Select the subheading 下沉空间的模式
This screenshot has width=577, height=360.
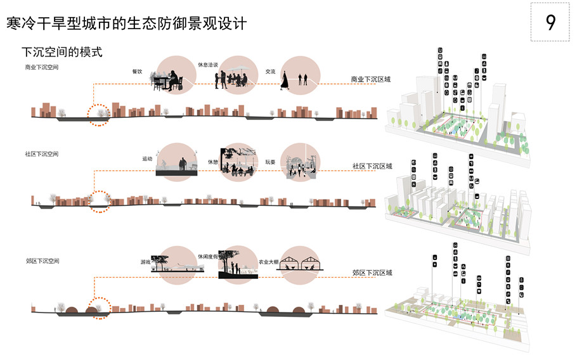coord(62,51)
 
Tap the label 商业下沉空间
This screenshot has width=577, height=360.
coord(42,67)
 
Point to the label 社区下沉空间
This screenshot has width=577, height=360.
coord(42,154)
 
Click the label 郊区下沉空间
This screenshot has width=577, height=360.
coord(42,260)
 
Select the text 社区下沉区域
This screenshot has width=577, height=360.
coord(372,166)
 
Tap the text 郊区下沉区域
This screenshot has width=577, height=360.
coord(372,273)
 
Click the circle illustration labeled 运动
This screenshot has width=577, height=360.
coord(174,162)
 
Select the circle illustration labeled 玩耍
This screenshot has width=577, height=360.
coord(297,162)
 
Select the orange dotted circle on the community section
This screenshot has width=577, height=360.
coord(99,202)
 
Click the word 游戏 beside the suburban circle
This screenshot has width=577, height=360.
coord(146,262)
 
